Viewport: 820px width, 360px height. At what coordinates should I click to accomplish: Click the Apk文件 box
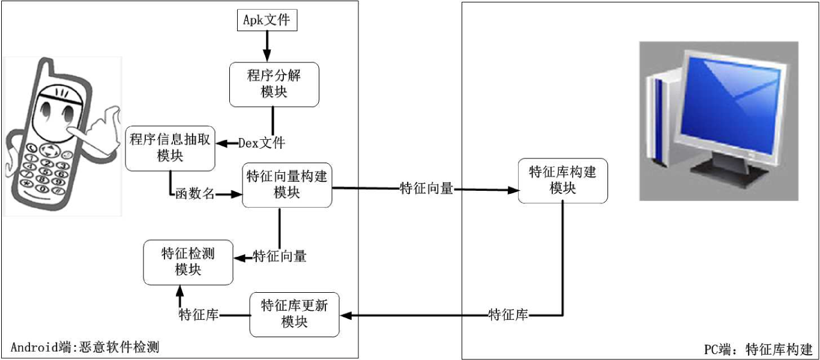coord(267,20)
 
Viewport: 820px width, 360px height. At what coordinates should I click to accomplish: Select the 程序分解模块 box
coord(274,85)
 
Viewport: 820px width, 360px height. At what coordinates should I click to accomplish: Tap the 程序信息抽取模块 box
coord(170,148)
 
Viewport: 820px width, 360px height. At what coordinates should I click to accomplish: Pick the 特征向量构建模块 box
coord(287,185)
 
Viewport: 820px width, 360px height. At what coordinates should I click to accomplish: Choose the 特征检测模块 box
coord(188,262)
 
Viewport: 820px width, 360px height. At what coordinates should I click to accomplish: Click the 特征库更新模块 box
coord(294,314)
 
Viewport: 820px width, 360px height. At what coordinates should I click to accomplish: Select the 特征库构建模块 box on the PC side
coord(562,180)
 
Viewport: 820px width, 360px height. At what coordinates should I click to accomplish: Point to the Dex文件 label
coord(262,143)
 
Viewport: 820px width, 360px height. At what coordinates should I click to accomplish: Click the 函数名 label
coord(195,194)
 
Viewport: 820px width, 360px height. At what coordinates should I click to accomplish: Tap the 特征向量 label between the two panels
coord(426,189)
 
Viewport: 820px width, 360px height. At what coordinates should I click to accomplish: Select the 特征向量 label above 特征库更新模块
coord(280,257)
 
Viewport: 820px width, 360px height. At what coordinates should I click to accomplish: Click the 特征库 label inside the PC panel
coord(508,315)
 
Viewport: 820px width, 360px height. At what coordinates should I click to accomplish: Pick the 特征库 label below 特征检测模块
coord(198,315)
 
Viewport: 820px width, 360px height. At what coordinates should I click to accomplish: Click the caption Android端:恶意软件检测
coord(85,347)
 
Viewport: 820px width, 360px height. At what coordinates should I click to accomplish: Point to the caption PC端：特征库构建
coord(758,349)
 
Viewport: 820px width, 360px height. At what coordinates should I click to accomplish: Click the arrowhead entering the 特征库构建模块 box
coord(513,190)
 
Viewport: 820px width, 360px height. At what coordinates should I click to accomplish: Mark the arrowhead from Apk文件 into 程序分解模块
coord(267,57)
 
